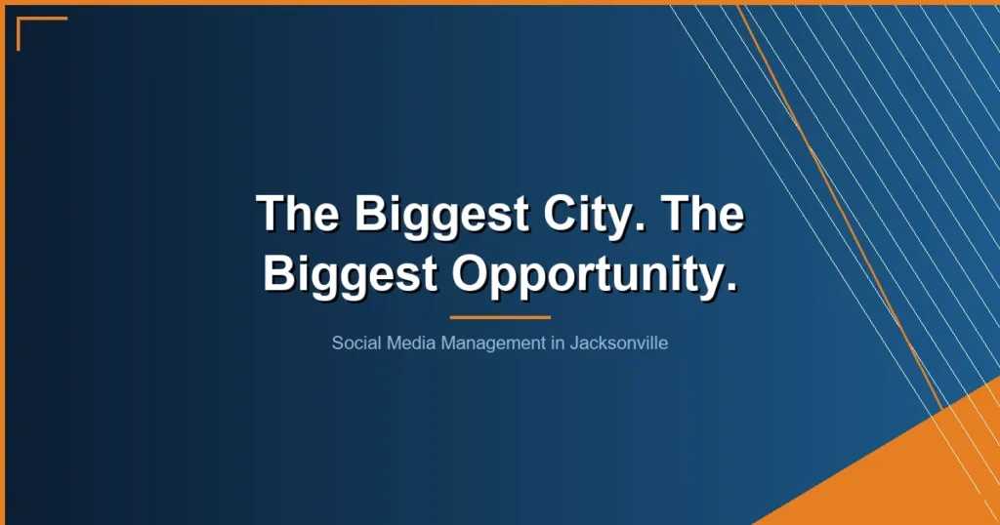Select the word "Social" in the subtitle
click(354, 343)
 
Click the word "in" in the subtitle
click(560, 343)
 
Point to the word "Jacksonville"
click(619, 343)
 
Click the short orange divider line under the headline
click(500, 317)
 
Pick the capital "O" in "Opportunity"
click(471, 273)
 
